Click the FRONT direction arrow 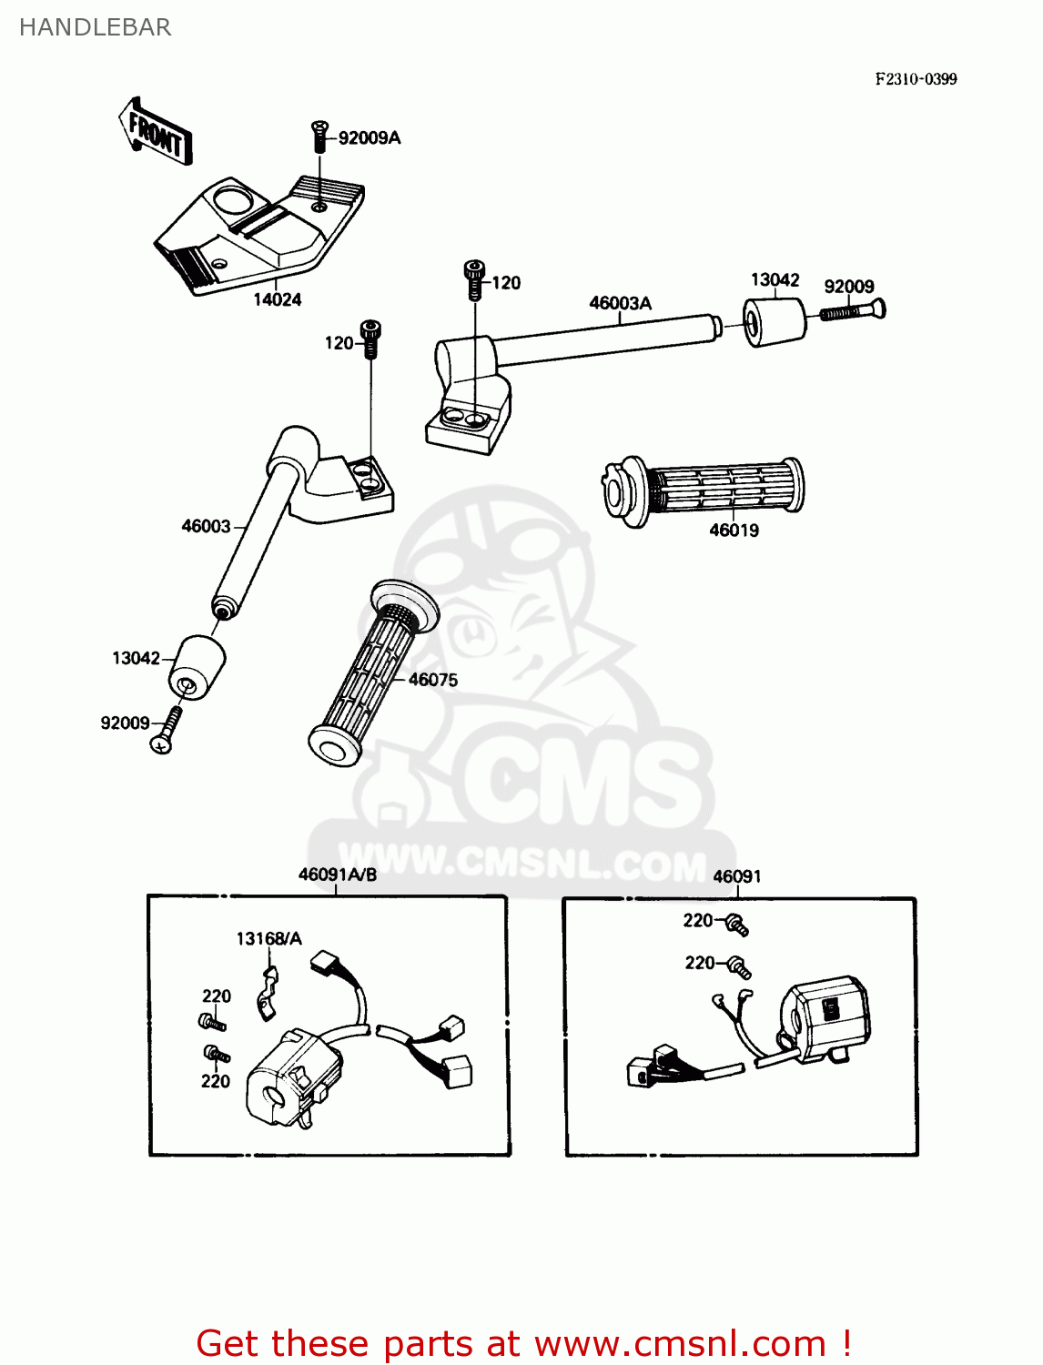[x=155, y=133]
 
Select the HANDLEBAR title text [x=95, y=27]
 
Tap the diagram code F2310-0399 [x=916, y=79]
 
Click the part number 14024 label [x=277, y=299]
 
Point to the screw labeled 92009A [x=319, y=136]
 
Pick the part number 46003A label [x=620, y=303]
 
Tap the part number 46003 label [x=206, y=526]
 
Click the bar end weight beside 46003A [x=775, y=321]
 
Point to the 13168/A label [x=268, y=938]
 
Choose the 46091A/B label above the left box [x=337, y=875]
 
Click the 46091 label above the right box [x=736, y=876]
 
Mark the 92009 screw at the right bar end [x=854, y=310]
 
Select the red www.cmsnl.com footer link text [x=679, y=1343]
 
